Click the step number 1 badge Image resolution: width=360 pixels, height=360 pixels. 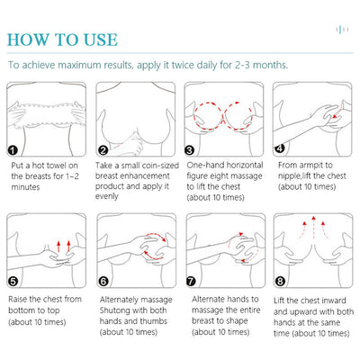tap(13, 150)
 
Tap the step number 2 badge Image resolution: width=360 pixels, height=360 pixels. tap(103, 150)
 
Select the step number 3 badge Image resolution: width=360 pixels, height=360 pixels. tap(189, 149)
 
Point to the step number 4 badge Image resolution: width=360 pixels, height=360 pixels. tap(280, 148)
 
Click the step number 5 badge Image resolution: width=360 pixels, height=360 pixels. tap(13, 282)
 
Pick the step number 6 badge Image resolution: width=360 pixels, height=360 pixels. tap(103, 282)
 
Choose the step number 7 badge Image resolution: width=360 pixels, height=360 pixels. tap(191, 282)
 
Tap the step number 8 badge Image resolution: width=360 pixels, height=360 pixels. tap(280, 282)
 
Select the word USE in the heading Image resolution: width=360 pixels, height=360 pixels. tap(101, 40)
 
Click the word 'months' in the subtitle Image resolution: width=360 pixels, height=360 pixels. tap(270, 65)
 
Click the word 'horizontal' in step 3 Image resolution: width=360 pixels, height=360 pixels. tap(245, 166)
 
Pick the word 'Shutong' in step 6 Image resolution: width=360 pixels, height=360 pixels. tap(115, 310)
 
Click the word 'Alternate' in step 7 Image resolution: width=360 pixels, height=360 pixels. tap(208, 299)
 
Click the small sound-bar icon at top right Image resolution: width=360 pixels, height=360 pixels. tap(342, 30)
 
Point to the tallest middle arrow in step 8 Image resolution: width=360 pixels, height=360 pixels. tap(313, 227)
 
